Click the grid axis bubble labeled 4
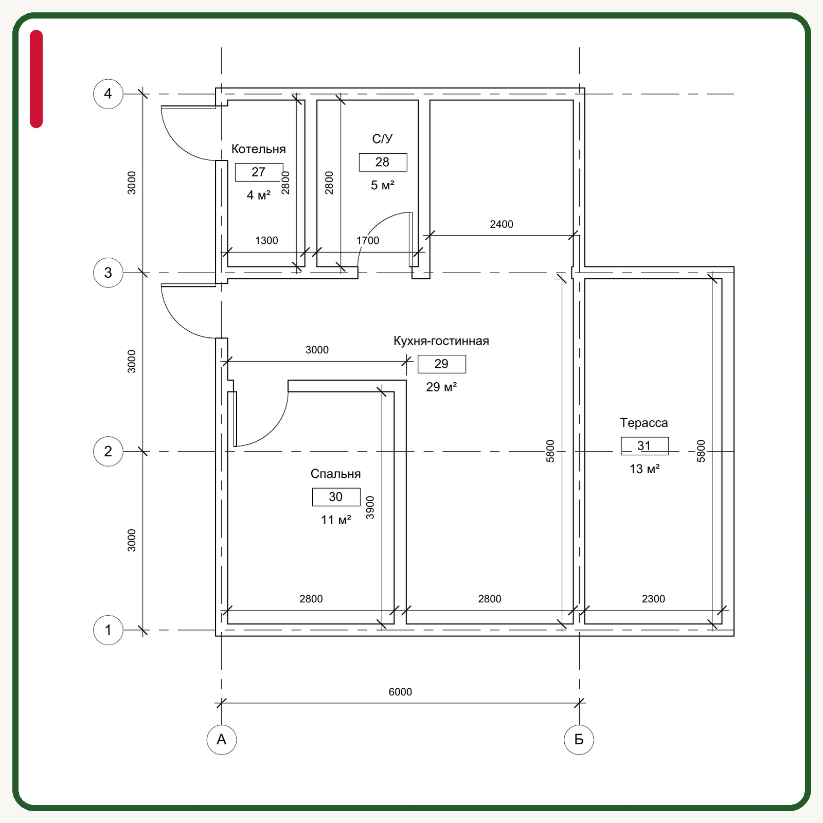click(x=108, y=94)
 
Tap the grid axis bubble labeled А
click(x=222, y=740)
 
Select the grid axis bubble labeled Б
click(x=579, y=740)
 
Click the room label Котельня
click(x=258, y=149)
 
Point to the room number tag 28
click(x=383, y=162)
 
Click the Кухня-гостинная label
click(x=441, y=341)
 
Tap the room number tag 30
click(x=336, y=497)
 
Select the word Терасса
click(x=644, y=423)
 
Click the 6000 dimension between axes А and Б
click(x=400, y=692)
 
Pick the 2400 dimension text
click(x=502, y=224)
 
